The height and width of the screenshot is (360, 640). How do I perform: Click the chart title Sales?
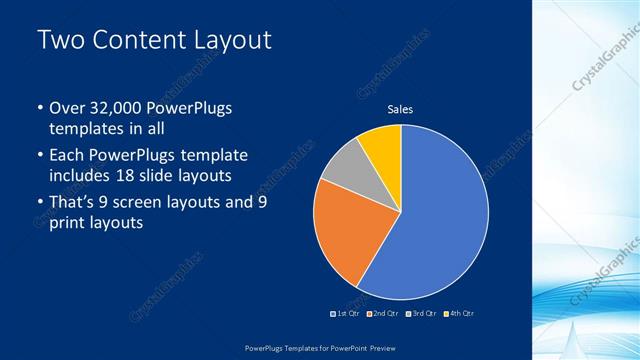click(x=400, y=109)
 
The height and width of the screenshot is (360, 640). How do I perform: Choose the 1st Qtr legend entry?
click(x=345, y=314)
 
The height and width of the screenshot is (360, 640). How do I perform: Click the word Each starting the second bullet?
click(x=68, y=155)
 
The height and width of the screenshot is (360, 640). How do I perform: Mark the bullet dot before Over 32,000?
click(x=38, y=108)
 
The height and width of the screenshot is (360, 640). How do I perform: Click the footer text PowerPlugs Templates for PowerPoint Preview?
click(x=320, y=349)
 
